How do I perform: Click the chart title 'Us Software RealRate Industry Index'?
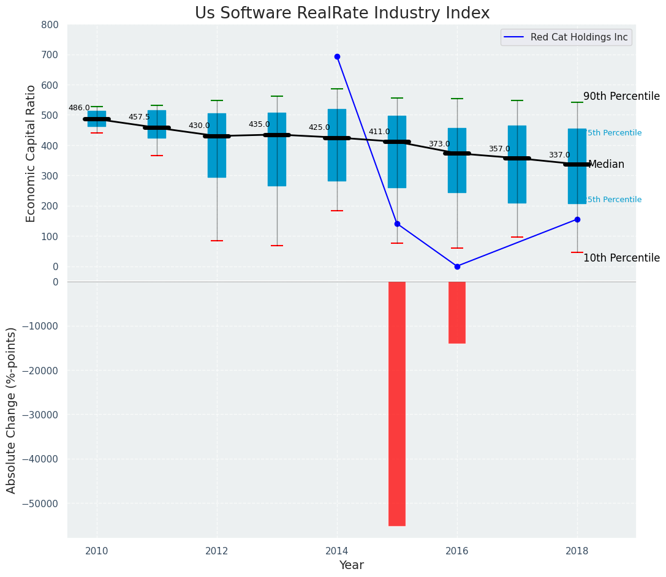point(342,13)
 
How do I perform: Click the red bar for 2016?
point(457,312)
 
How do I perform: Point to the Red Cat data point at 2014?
point(337,56)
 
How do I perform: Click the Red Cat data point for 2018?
point(577,219)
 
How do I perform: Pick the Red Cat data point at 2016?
point(457,266)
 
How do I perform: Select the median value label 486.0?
point(79,108)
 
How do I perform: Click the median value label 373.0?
point(439,144)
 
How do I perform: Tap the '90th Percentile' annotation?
point(621,97)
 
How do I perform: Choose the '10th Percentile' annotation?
point(621,258)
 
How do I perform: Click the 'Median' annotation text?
point(606,165)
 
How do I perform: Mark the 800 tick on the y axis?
point(50,25)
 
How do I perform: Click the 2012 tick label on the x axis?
point(217,551)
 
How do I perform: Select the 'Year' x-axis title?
point(352,565)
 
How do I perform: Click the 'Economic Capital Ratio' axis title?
point(31,153)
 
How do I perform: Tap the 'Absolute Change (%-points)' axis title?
point(12,410)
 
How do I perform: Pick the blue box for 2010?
point(97,118)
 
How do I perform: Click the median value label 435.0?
point(259,124)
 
